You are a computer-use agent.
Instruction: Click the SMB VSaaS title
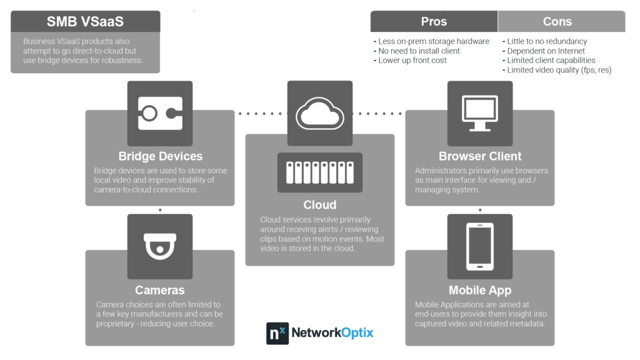(x=85, y=22)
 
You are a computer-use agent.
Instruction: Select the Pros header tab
(x=434, y=21)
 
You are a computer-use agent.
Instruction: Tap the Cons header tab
(x=562, y=21)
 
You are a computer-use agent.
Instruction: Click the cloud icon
(x=320, y=114)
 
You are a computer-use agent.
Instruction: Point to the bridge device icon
(x=160, y=114)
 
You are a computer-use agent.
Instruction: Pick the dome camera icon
(x=160, y=246)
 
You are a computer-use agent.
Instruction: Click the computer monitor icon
(x=480, y=113)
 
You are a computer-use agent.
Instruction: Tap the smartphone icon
(x=480, y=246)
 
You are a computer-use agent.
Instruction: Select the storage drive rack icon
(x=320, y=172)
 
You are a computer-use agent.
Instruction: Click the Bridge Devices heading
(x=161, y=156)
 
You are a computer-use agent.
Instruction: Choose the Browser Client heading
(x=480, y=156)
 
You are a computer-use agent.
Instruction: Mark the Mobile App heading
(x=480, y=290)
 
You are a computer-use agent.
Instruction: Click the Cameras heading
(x=160, y=290)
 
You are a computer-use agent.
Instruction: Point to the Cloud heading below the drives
(x=320, y=205)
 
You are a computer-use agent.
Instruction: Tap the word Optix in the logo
(x=357, y=333)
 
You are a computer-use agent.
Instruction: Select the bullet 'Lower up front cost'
(x=410, y=61)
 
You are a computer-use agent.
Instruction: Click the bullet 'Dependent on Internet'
(x=544, y=51)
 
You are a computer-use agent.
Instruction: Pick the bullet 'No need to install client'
(x=417, y=51)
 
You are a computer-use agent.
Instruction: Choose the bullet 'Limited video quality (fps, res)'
(x=557, y=70)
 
